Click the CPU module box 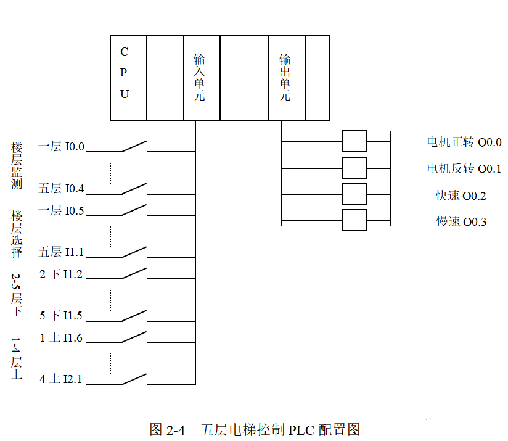(x=128, y=78)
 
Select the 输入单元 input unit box (x=201, y=78)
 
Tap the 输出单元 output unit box (x=287, y=78)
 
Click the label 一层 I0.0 (x=61, y=147)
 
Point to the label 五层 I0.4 (x=61, y=188)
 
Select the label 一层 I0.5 (x=61, y=210)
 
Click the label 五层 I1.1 (x=61, y=252)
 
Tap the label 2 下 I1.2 (x=61, y=274)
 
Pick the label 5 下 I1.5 (x=61, y=316)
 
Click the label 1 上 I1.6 (x=61, y=338)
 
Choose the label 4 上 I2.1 (x=61, y=379)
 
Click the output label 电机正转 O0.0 (x=464, y=142)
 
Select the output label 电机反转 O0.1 (x=464, y=168)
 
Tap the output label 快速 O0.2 (x=461, y=196)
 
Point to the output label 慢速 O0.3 (x=461, y=221)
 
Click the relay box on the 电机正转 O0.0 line (x=354, y=141)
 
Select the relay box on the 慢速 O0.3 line (x=354, y=220)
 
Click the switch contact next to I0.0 (x=134, y=146)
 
